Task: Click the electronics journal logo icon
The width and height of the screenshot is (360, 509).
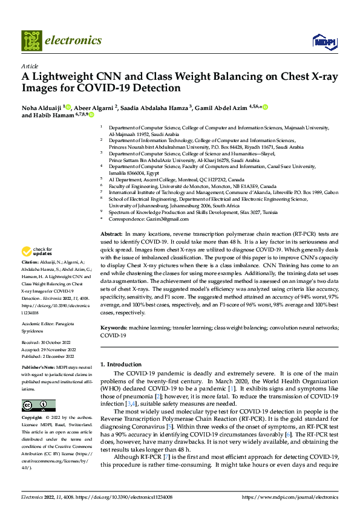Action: point(32,41)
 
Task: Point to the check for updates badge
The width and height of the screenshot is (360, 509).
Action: point(38,268)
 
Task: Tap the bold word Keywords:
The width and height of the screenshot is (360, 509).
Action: point(114,327)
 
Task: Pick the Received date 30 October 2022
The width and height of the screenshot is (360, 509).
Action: point(59,344)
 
